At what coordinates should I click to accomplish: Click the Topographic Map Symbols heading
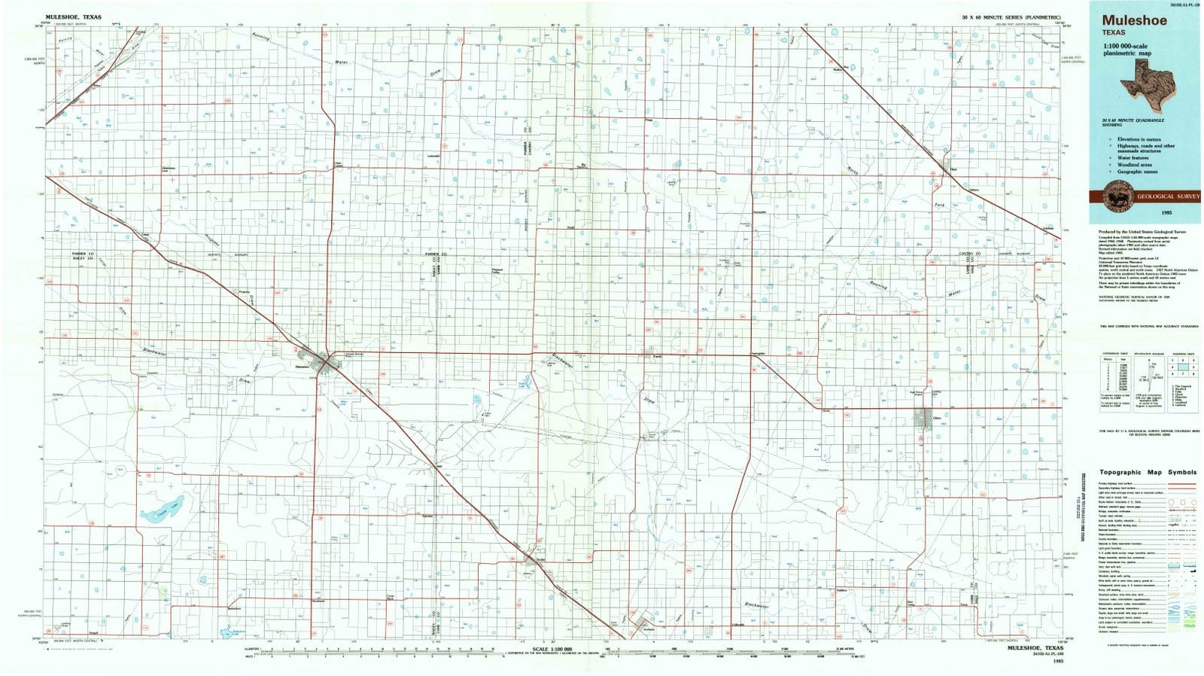point(1147,473)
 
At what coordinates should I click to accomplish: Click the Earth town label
point(657,356)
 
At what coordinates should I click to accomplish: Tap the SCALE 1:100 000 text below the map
point(552,649)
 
